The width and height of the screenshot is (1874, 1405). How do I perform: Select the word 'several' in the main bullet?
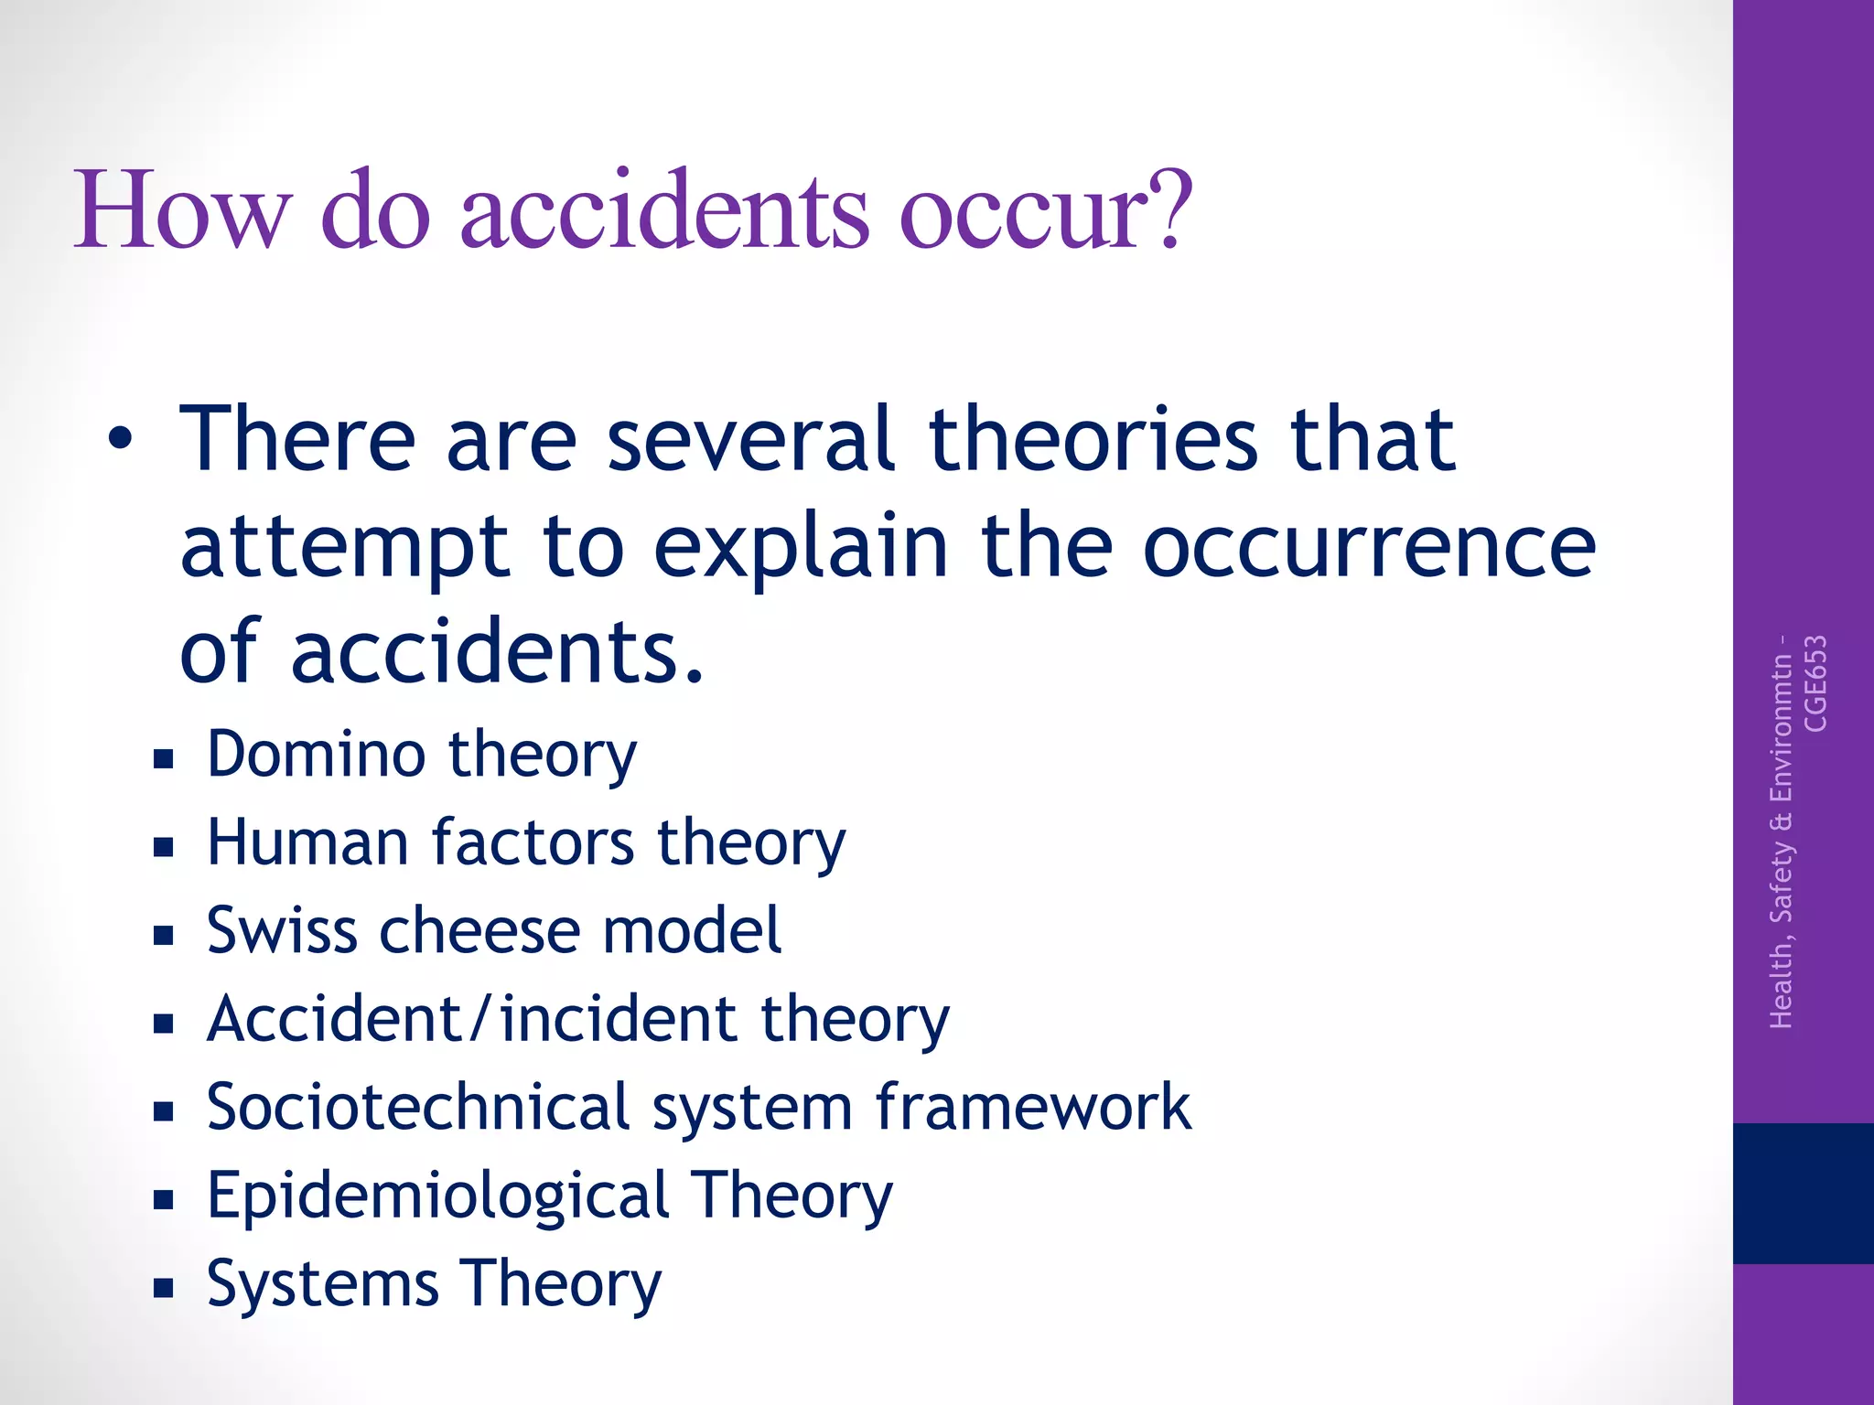pyautogui.click(x=749, y=440)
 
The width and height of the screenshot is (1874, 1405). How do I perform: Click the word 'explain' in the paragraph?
pyautogui.click(x=801, y=549)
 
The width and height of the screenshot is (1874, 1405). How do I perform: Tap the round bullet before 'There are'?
pyautogui.click(x=120, y=442)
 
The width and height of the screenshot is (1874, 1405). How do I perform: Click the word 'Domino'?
pyautogui.click(x=317, y=755)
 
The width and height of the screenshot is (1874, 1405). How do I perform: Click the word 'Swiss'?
pyautogui.click(x=282, y=931)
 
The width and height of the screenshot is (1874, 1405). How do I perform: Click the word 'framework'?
pyautogui.click(x=1033, y=1107)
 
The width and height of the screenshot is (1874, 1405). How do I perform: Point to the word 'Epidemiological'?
pyautogui.click(x=437, y=1196)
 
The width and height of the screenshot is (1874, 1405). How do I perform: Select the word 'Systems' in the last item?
pyautogui.click(x=322, y=1283)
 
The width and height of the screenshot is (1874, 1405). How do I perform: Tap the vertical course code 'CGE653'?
pyautogui.click(x=1815, y=683)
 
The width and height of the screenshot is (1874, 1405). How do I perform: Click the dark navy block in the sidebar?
pyautogui.click(x=1803, y=1193)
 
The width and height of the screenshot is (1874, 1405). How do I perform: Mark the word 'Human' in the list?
pyautogui.click(x=307, y=842)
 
